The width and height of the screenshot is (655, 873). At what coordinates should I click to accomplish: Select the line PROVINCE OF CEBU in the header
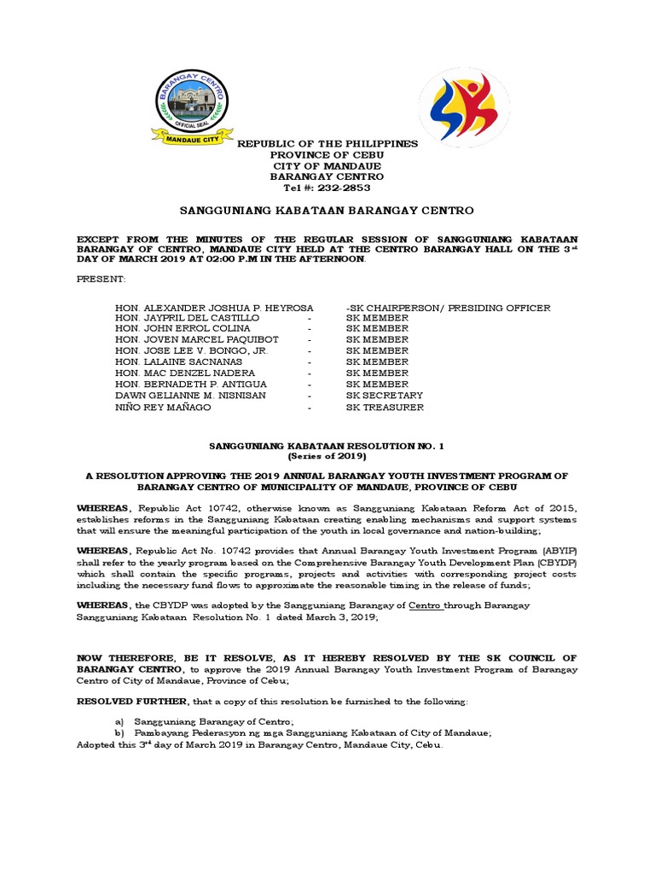[x=327, y=154]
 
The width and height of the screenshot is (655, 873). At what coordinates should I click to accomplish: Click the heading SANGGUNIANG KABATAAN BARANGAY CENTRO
[x=327, y=210]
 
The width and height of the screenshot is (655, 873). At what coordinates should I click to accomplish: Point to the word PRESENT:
[x=101, y=280]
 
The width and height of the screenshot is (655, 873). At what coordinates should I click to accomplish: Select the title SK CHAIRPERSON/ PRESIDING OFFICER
[x=448, y=307]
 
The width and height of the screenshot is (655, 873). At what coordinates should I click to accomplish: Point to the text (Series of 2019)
[x=327, y=455]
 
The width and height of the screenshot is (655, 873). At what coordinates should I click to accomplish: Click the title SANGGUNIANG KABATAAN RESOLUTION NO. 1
[x=327, y=445]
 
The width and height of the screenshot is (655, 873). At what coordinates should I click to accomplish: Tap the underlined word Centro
[x=425, y=605]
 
